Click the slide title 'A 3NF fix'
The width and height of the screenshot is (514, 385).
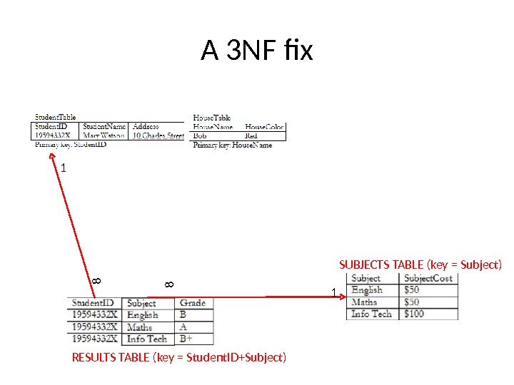tap(257, 51)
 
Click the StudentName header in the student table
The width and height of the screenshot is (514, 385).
tap(104, 126)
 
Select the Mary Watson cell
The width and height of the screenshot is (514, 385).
tap(104, 135)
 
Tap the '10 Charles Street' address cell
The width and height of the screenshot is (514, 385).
tap(158, 135)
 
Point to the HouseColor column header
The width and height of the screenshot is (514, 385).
tap(264, 126)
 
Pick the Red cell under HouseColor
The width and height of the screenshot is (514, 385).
tap(251, 135)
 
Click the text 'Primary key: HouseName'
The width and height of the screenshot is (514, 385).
tap(233, 145)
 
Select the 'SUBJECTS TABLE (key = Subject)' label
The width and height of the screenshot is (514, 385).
tap(420, 265)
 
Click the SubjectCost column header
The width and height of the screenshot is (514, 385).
tap(428, 278)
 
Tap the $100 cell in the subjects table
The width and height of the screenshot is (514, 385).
tap(414, 314)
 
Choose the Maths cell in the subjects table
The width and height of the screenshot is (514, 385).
tap(364, 302)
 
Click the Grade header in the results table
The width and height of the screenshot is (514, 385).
tap(193, 303)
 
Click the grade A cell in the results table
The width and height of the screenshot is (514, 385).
tap(184, 327)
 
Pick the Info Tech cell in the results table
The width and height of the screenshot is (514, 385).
tap(147, 339)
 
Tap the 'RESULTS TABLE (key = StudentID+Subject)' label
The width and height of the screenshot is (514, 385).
tap(179, 356)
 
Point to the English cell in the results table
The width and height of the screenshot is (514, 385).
tap(143, 314)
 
